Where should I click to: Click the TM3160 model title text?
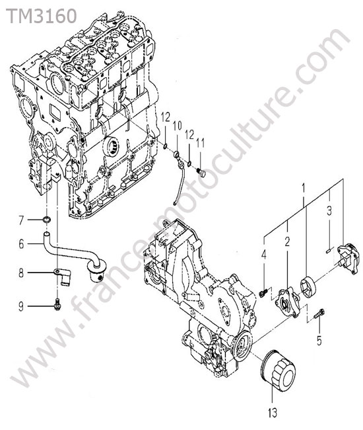click(x=42, y=16)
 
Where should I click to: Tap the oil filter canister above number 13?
click(x=278, y=369)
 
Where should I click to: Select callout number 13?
click(x=273, y=412)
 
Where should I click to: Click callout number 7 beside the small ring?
click(x=21, y=220)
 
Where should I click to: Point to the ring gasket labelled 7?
click(x=48, y=219)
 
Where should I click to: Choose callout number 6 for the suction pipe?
click(x=21, y=244)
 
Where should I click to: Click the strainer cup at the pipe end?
click(x=96, y=270)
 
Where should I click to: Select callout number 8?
click(x=21, y=273)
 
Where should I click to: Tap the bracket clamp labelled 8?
click(x=62, y=277)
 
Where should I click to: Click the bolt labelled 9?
click(x=57, y=304)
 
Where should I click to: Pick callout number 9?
click(x=21, y=306)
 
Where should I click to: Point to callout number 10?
click(x=178, y=126)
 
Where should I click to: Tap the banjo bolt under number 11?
click(x=201, y=173)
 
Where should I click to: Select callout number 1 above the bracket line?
click(x=303, y=188)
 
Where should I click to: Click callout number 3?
click(x=329, y=210)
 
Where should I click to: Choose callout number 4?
click(x=264, y=255)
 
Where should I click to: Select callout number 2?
click(x=287, y=241)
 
